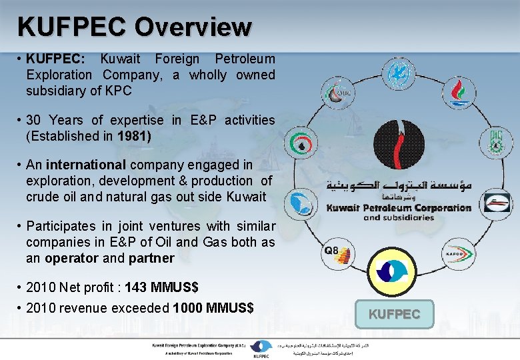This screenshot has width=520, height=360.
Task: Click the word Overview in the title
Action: (x=193, y=27)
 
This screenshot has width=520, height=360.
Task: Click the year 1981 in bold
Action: (x=134, y=136)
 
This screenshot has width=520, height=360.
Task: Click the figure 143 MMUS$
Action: (x=149, y=288)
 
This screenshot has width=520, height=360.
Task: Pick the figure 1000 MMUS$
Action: (x=213, y=308)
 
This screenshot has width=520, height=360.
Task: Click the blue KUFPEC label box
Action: (x=394, y=314)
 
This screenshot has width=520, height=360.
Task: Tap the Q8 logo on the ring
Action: (x=331, y=252)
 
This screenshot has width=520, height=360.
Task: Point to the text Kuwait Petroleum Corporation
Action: (x=399, y=207)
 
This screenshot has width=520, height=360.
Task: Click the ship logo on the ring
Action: (x=495, y=202)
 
